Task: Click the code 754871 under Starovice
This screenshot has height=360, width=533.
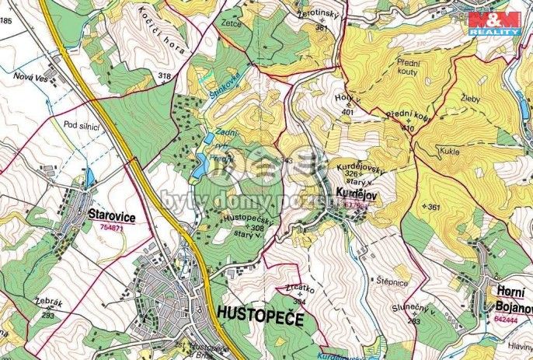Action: (x=113, y=227)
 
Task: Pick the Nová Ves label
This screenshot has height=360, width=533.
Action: (x=29, y=75)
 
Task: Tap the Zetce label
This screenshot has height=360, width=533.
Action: (x=232, y=24)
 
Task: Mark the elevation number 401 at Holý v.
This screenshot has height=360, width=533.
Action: (x=347, y=112)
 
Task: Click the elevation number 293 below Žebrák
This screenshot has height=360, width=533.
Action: (x=47, y=316)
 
